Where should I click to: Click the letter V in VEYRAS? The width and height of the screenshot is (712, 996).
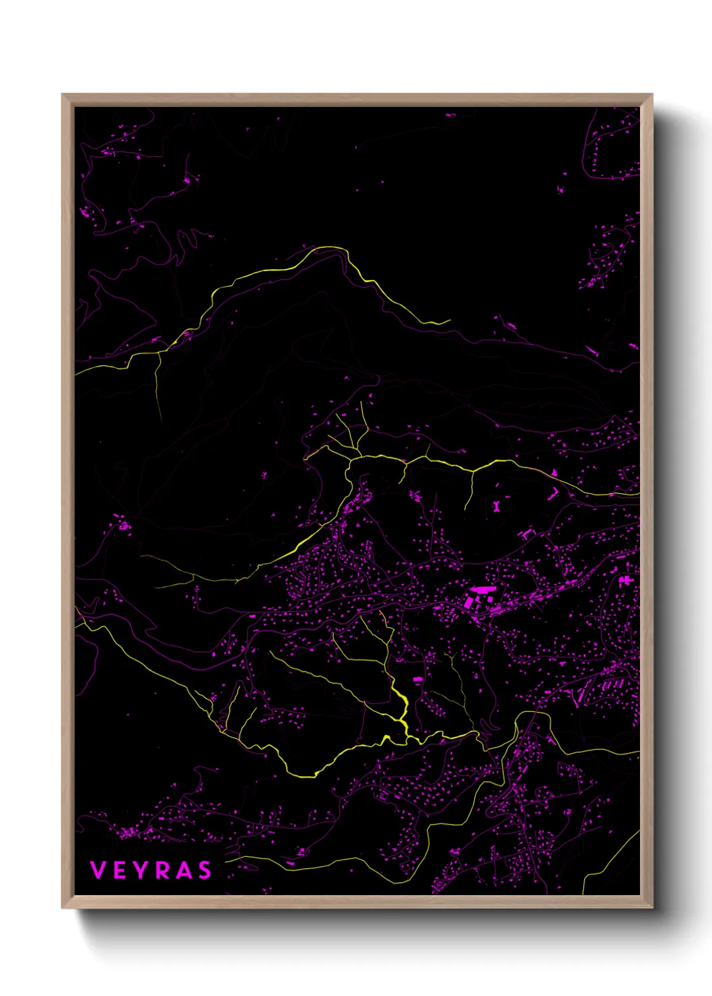pyautogui.click(x=98, y=870)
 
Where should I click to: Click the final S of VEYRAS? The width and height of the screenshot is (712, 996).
pyautogui.click(x=204, y=870)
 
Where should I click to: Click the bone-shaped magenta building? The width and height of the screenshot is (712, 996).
pyautogui.click(x=497, y=505)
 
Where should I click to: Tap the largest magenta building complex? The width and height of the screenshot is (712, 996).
pyautogui.click(x=480, y=596)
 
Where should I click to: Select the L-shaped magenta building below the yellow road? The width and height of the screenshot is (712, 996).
pyautogui.click(x=552, y=495)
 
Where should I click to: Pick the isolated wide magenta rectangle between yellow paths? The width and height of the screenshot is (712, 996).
pyautogui.click(x=417, y=679)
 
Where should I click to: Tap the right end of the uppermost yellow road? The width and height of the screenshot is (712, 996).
pyautogui.click(x=449, y=322)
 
